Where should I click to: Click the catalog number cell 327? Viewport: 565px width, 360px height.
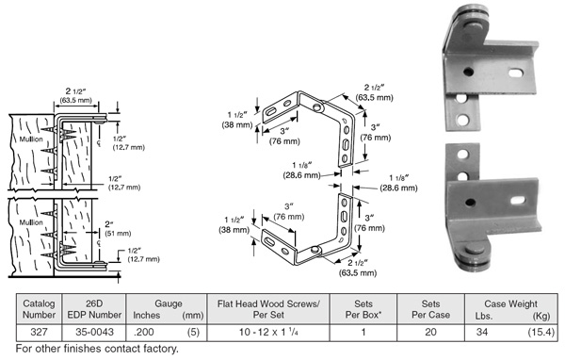pos(39,332)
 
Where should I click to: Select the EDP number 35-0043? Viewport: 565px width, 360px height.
pos(94,332)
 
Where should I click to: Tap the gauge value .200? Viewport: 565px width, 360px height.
pos(143,332)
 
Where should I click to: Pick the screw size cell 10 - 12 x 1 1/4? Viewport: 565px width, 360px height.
pos(268,332)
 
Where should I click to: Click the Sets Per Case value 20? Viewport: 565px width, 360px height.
pos(430,332)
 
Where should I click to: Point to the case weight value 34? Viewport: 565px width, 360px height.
pos(482,332)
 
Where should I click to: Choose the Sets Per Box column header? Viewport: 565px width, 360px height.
pos(363,309)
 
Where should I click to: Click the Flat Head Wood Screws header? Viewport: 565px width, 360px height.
pos(268,309)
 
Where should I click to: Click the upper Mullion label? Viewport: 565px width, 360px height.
pos(31,139)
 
